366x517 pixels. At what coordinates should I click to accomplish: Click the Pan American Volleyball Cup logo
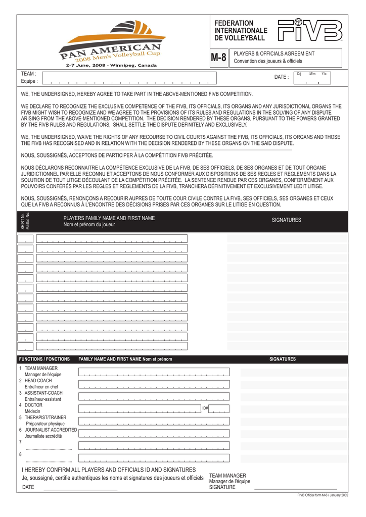[112, 44]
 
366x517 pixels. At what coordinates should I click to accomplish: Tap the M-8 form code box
[218, 58]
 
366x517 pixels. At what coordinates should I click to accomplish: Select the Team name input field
[129, 78]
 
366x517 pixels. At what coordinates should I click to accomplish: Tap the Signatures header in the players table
[286, 220]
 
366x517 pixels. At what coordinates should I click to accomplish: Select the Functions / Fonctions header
[44, 359]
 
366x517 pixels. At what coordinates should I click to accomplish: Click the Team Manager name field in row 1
[154, 372]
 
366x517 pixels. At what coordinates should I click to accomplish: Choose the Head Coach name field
[154, 384]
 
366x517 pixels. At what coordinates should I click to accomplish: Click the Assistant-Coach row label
[43, 393]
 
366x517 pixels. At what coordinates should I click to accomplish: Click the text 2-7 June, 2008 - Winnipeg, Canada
[111, 65]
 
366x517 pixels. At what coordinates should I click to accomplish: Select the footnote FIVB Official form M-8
[323, 495]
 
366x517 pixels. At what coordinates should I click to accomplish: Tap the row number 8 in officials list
[20, 454]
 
